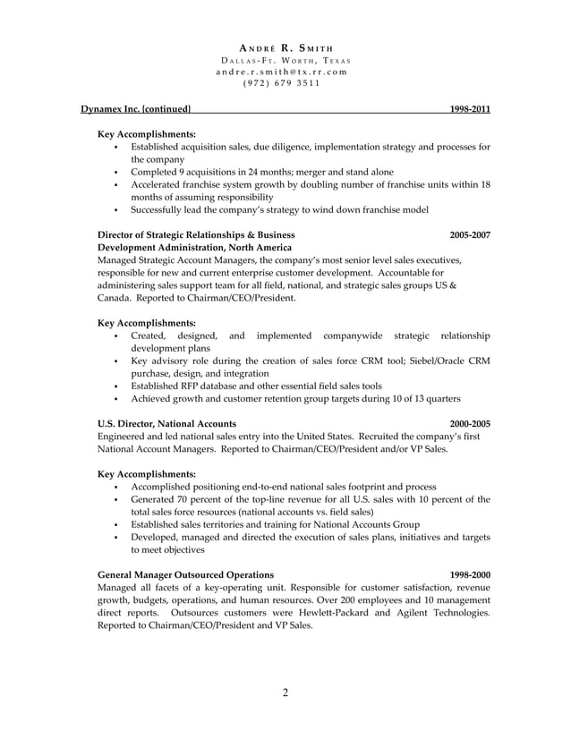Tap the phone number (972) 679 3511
point(285,85)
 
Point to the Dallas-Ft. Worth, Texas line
point(285,60)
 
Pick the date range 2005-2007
point(469,234)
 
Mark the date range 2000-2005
point(469,423)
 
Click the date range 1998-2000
point(469,573)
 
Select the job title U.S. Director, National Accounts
point(166,423)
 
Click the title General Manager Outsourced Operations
point(185,573)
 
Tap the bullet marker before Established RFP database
point(117,386)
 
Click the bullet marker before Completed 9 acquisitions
point(117,172)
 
